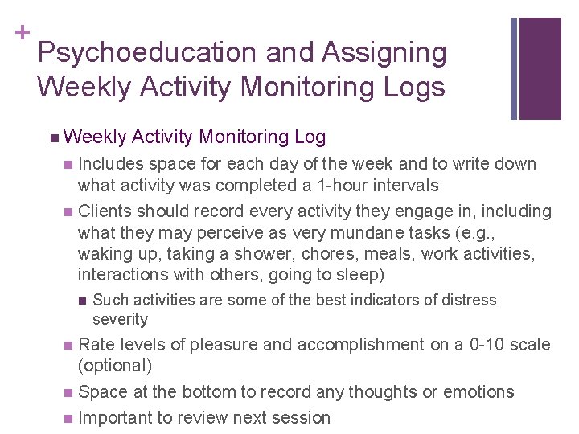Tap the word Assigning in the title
click(x=384, y=53)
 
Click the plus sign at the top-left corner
click(x=22, y=32)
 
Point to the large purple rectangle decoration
click(x=540, y=68)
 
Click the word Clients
click(x=106, y=211)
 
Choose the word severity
click(x=121, y=319)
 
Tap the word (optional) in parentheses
click(x=114, y=366)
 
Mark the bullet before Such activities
click(x=81, y=301)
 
